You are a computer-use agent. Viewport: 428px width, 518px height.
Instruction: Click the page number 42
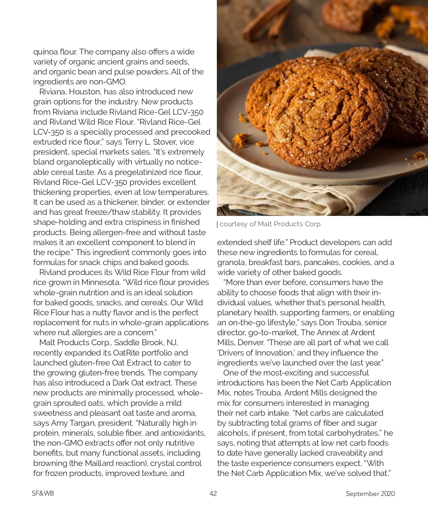point(213,493)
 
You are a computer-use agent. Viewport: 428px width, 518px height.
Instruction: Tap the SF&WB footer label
point(43,493)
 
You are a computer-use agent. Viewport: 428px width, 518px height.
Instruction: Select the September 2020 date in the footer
point(370,493)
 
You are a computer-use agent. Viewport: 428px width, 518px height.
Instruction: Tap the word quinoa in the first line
point(45,52)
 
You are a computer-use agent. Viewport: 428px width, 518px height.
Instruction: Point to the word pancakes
point(322,263)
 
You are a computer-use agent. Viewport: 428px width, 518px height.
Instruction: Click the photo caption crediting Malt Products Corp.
point(270,224)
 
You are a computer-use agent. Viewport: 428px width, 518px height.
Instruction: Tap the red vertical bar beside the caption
point(217,224)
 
